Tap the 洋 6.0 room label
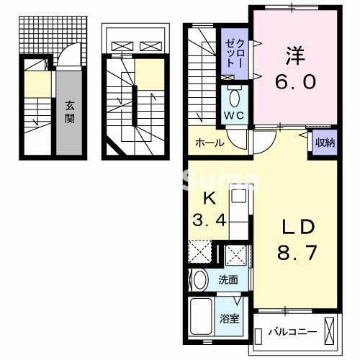(x=294, y=69)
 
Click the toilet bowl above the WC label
(x=235, y=97)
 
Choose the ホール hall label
(x=210, y=143)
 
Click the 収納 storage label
(x=325, y=142)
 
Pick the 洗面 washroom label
(x=229, y=279)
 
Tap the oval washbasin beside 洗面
(x=200, y=279)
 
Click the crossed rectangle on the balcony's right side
(x=330, y=333)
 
